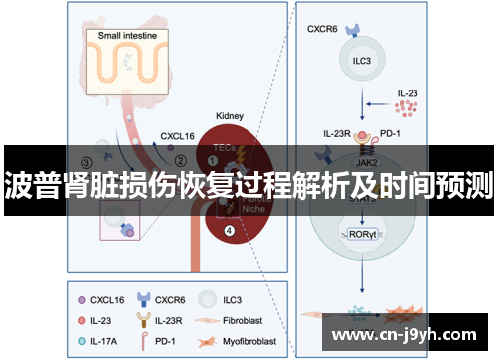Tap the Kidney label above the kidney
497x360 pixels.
pos(232,116)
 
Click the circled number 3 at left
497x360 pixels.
pos(87,162)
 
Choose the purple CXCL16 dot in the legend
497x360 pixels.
pos(82,297)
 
